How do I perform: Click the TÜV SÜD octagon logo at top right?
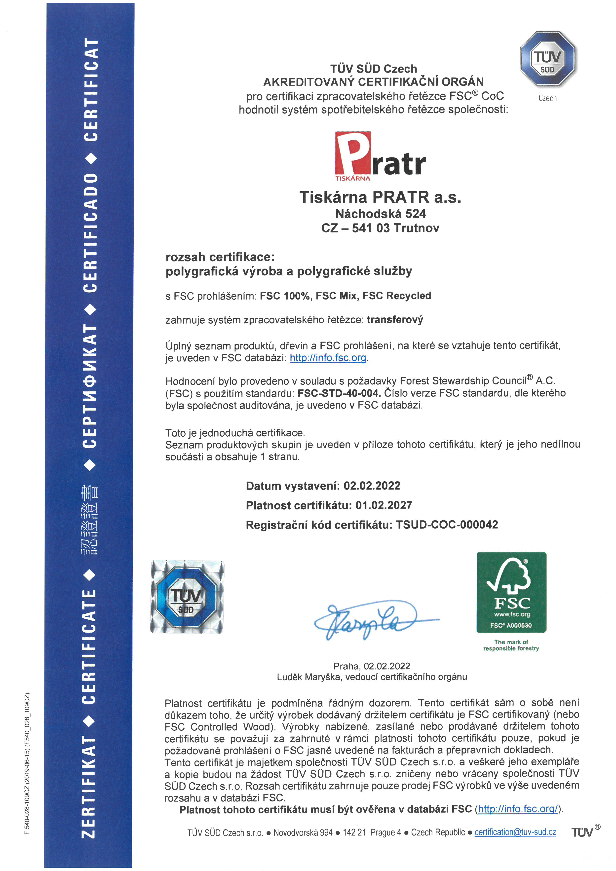[x=548, y=60]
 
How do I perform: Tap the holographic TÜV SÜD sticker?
[x=187, y=597]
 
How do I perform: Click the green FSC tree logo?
[x=511, y=592]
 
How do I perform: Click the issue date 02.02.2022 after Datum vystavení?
[x=372, y=486]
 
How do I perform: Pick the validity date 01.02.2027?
[x=384, y=505]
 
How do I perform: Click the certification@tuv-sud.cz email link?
[x=515, y=832]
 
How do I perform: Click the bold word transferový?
[x=394, y=320]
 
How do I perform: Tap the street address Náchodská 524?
[x=381, y=214]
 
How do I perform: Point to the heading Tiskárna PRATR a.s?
[x=380, y=197]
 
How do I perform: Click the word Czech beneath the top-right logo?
[x=547, y=98]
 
